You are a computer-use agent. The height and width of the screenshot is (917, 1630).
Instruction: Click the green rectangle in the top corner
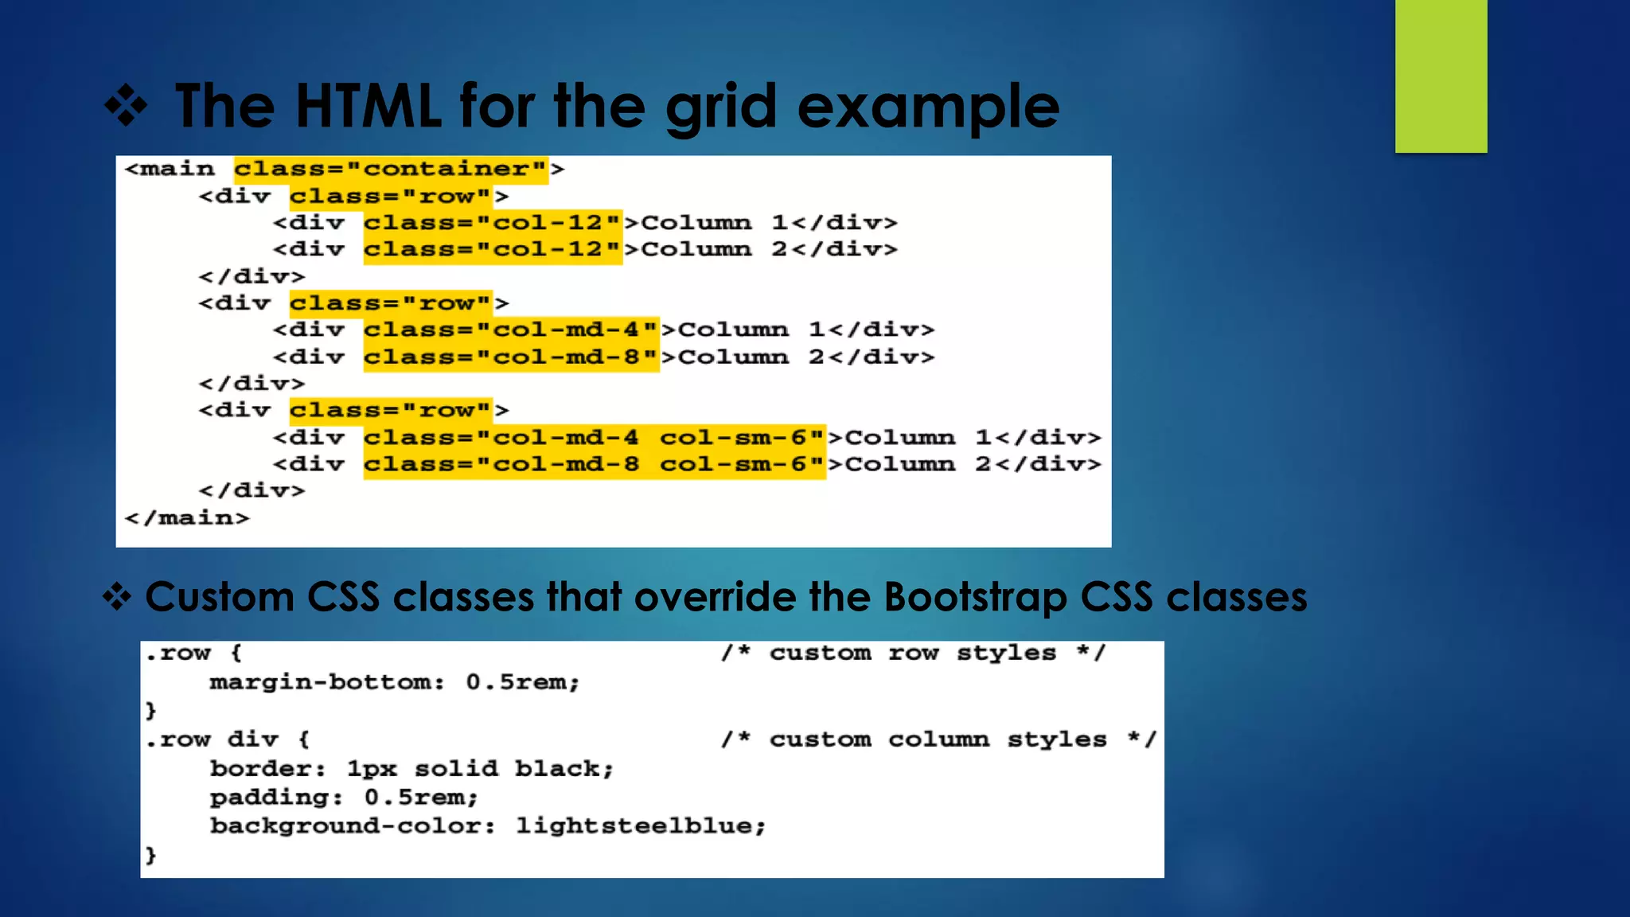pos(1441,76)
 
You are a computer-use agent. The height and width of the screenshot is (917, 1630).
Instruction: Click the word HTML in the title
pos(368,106)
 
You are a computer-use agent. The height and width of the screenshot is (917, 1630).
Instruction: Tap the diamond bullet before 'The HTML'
pos(126,106)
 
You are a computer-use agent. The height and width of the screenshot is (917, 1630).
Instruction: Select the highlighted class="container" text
pos(390,169)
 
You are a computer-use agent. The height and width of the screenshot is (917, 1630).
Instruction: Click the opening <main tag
pos(170,169)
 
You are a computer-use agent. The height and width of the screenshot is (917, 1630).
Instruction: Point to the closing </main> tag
pos(187,518)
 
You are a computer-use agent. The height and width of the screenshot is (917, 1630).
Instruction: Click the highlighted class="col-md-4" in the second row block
pos(510,330)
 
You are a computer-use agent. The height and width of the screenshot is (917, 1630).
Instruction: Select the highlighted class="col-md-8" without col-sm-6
pos(510,357)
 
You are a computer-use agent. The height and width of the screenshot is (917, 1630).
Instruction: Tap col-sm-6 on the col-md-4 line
pos(742,437)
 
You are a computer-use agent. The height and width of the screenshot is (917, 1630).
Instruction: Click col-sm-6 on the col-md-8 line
pos(742,464)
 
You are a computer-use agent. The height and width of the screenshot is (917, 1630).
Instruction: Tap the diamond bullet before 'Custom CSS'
pos(117,597)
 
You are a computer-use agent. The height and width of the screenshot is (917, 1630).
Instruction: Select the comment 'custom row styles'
pos(912,653)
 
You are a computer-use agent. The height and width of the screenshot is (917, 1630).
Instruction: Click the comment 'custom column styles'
pos(938,739)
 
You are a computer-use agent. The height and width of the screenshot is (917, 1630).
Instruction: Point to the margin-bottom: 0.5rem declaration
pos(394,682)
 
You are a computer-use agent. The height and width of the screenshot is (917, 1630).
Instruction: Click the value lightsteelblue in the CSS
pos(640,826)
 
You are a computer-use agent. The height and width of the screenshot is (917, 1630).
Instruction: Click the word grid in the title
pos(720,106)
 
